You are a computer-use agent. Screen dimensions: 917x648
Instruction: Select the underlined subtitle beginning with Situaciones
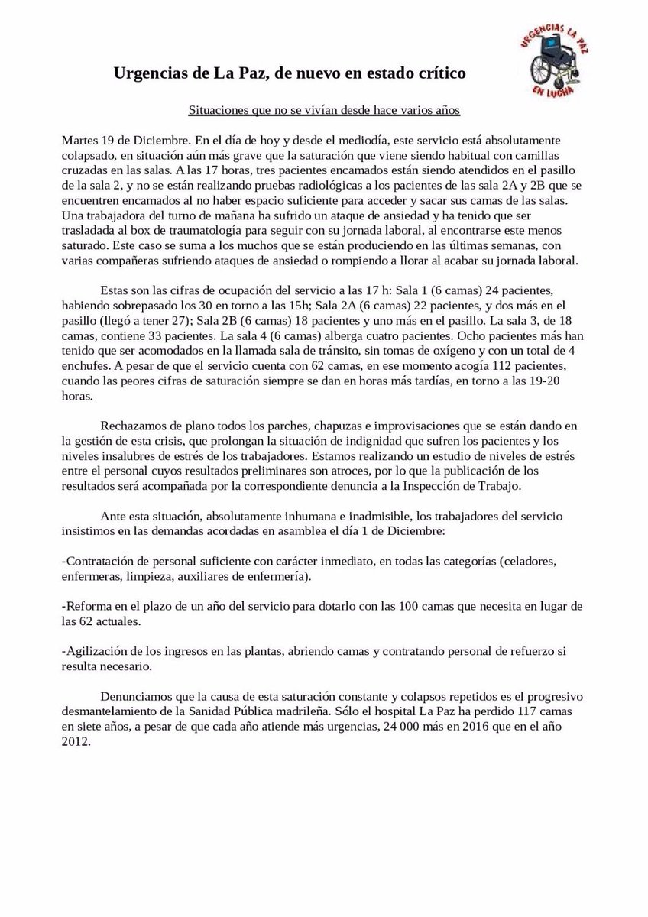tap(324, 110)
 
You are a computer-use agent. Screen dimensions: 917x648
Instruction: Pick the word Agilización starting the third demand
tap(98, 651)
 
